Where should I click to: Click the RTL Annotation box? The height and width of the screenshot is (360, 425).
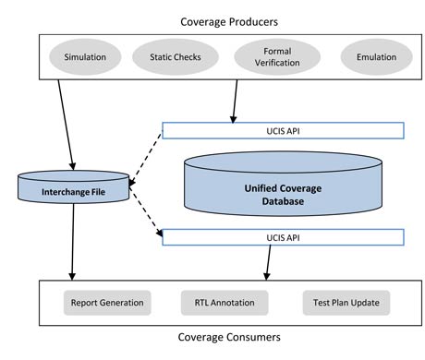tap(225, 301)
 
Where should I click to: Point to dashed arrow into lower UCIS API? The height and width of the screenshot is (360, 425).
tap(145, 215)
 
